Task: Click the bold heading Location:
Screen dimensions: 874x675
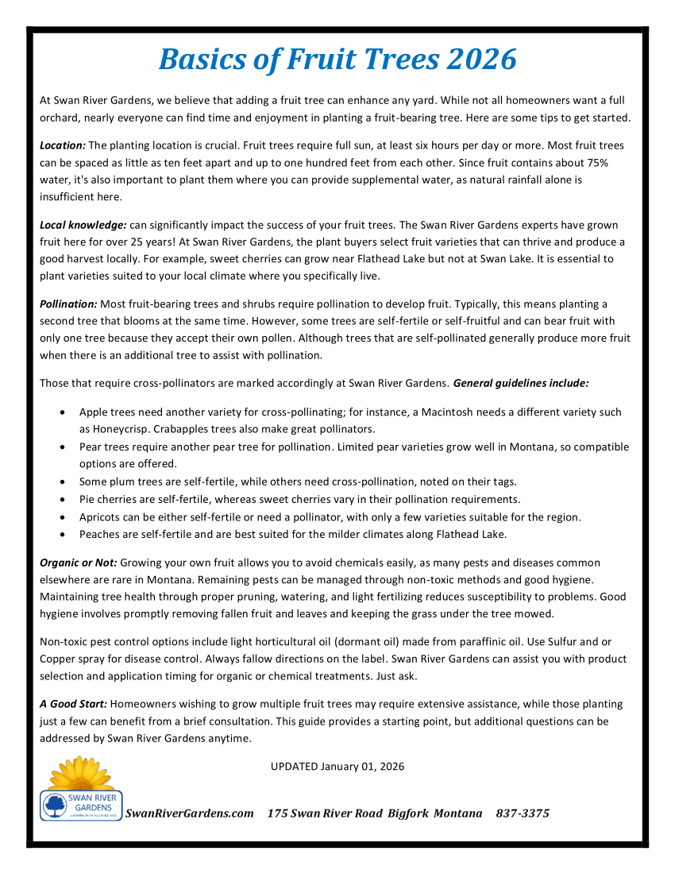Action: pyautogui.click(x=63, y=145)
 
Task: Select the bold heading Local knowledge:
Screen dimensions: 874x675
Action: pyautogui.click(x=83, y=226)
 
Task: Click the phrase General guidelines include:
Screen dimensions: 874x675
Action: pyautogui.click(x=521, y=383)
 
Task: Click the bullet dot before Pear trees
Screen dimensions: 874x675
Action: pyautogui.click(x=63, y=447)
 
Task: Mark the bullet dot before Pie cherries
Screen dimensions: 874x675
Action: pyautogui.click(x=63, y=500)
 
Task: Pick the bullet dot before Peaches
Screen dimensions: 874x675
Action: pyautogui.click(x=63, y=535)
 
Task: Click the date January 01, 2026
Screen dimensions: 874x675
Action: pyautogui.click(x=363, y=767)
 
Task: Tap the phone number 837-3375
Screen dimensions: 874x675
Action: pyautogui.click(x=523, y=814)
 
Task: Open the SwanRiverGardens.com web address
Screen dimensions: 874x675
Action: pyautogui.click(x=190, y=814)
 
